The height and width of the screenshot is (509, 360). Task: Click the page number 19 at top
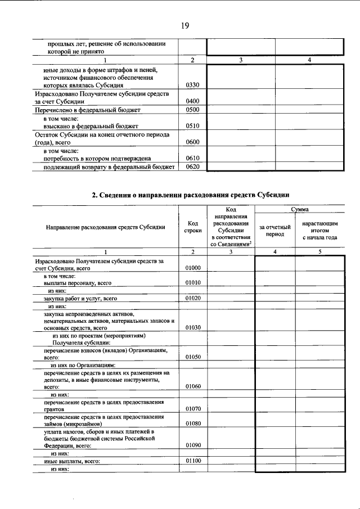click(184, 25)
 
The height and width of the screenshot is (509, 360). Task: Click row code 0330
click(192, 85)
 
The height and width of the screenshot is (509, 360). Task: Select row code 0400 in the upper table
click(192, 101)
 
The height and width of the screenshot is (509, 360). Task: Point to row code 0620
click(192, 166)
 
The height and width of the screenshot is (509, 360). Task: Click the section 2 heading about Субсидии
click(191, 195)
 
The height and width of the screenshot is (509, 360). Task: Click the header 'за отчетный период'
click(274, 230)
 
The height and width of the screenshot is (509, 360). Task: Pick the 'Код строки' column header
click(192, 227)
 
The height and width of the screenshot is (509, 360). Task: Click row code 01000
click(192, 268)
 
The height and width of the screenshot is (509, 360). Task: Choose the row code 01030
click(192, 327)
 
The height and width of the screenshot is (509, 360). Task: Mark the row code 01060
click(192, 386)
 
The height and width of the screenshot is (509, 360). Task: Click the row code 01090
click(192, 445)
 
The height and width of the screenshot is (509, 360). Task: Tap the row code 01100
click(192, 461)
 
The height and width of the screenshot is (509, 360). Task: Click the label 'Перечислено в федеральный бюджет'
click(87, 110)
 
